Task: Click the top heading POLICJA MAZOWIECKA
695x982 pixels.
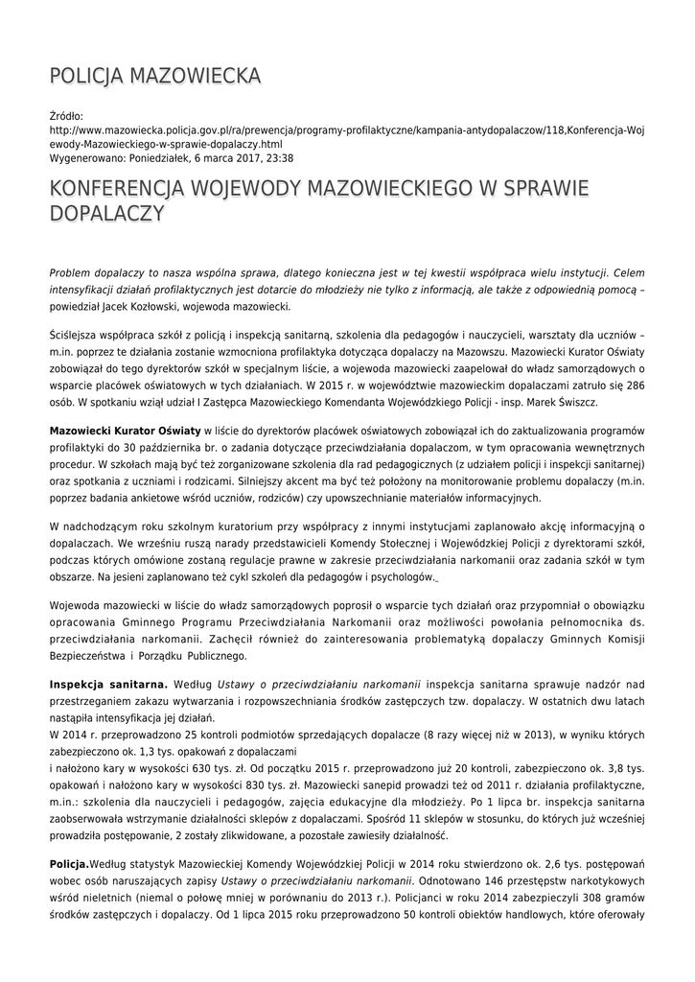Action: point(154,77)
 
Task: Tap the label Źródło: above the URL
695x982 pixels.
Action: point(66,115)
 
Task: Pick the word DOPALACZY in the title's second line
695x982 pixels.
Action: point(105,214)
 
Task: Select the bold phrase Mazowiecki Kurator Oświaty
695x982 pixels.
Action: point(126,432)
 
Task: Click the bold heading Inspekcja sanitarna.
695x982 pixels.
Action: point(108,684)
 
